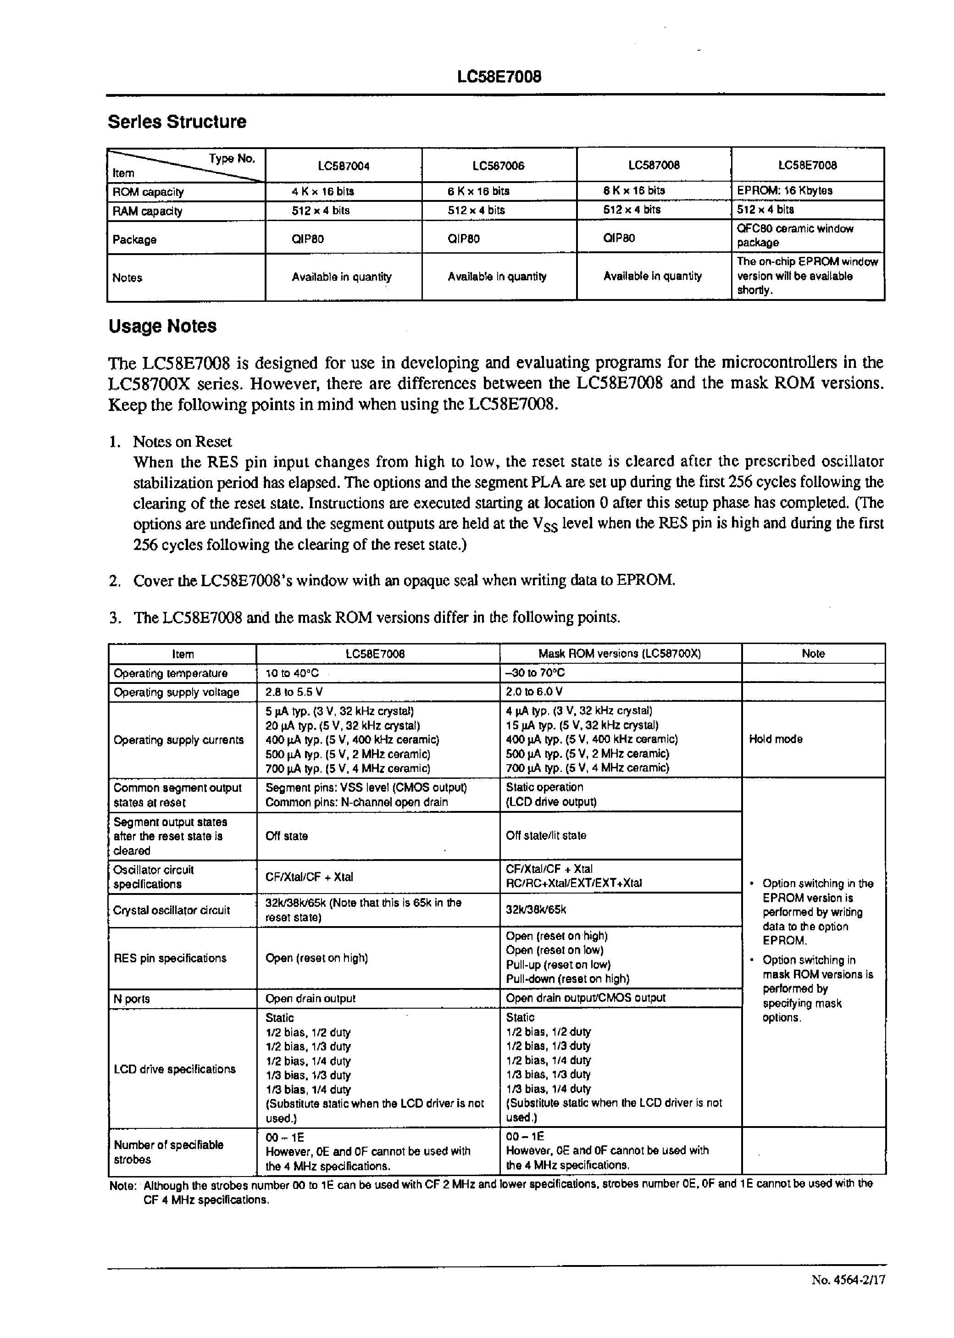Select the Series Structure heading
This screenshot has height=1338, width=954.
click(x=177, y=122)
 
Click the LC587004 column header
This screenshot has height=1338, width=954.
click(x=344, y=166)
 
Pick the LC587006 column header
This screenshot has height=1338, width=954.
click(x=498, y=166)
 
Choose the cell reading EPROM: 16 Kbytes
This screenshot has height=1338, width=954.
click(x=784, y=191)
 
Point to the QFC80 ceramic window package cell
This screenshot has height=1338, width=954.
click(x=795, y=235)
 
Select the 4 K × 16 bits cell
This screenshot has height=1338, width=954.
click(x=322, y=191)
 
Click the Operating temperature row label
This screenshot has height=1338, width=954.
click(x=170, y=673)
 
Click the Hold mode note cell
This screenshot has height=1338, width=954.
click(x=776, y=739)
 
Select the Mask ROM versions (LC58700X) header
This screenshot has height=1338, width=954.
click(x=620, y=654)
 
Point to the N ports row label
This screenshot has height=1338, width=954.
click(x=132, y=999)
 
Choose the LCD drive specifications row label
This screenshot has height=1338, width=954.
click(x=174, y=1069)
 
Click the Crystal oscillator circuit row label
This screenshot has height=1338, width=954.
click(x=172, y=911)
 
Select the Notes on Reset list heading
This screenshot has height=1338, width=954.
click(x=182, y=442)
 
